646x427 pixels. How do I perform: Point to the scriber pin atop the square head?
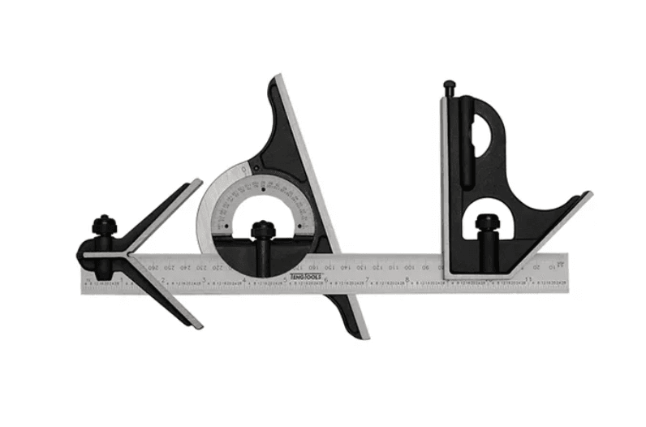[447, 85]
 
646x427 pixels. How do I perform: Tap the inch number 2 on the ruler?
[164, 281]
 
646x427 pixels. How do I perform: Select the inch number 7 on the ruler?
[368, 281]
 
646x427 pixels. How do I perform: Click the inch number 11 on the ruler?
[528, 281]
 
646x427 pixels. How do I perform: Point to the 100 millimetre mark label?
[410, 265]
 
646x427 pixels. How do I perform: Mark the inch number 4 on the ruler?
[245, 281]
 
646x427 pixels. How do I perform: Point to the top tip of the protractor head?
[274, 78]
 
